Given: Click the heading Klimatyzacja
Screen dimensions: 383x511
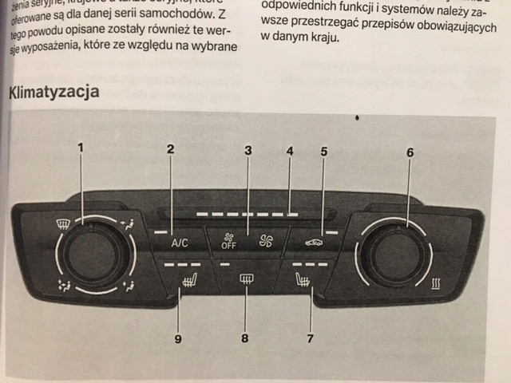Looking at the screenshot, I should pyautogui.click(x=54, y=92).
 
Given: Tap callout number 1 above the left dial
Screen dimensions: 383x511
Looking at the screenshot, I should pyautogui.click(x=80, y=147).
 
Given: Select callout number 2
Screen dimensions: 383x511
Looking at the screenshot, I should pyautogui.click(x=170, y=148).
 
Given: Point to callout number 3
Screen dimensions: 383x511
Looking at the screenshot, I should pyautogui.click(x=248, y=149).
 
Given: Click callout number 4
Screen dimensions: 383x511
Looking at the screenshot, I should pyautogui.click(x=290, y=150).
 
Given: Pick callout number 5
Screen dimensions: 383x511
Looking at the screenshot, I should pyautogui.click(x=323, y=150).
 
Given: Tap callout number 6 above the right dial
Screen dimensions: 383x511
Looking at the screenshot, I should pyautogui.click(x=410, y=152).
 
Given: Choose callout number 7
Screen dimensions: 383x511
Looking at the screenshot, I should pyautogui.click(x=310, y=338).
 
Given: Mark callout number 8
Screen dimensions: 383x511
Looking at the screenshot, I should pyautogui.click(x=245, y=338).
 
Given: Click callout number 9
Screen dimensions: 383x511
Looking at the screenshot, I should pyautogui.click(x=178, y=338).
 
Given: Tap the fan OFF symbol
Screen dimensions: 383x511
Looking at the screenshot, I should pyautogui.click(x=229, y=240).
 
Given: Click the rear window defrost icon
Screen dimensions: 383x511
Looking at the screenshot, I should pyautogui.click(x=247, y=279).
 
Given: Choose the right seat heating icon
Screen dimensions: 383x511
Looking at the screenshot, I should pyautogui.click(x=303, y=280).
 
